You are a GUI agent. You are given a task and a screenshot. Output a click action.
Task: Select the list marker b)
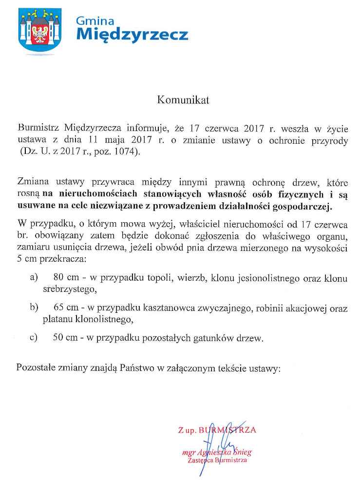point(34,307)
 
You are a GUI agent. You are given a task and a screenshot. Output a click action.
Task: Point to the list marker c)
point(34,338)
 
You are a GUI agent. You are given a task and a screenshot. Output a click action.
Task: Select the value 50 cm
point(65,338)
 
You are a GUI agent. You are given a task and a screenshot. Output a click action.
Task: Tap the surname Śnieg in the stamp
point(242,452)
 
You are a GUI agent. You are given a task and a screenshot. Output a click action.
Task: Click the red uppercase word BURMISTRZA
point(227,430)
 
